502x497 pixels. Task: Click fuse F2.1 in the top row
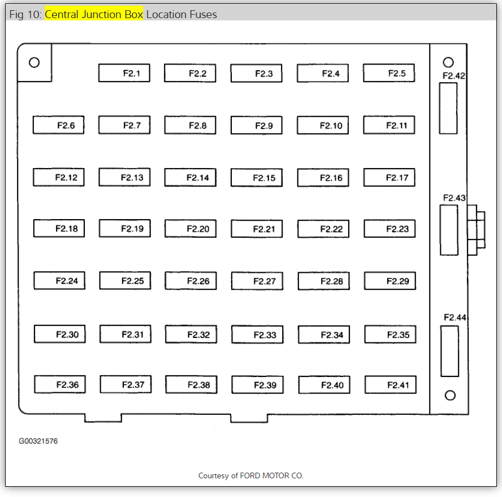[124, 73]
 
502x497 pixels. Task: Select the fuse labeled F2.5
[388, 73]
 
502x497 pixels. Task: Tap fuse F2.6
[58, 125]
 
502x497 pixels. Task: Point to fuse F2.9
[256, 126]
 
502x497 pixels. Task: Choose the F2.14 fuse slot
[190, 178]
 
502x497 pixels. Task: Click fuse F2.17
[389, 178]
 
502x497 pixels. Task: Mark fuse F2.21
[257, 229]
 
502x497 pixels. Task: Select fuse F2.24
[59, 281]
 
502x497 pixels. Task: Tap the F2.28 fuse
[323, 281]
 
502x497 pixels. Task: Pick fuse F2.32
[191, 335]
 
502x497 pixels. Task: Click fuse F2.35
[390, 335]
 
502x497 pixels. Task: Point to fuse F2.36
[60, 385]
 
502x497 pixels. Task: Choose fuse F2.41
[390, 385]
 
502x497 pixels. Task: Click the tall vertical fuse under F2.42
[448, 108]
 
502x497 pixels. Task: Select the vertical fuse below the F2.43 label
[449, 230]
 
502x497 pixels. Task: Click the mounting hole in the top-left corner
[34, 62]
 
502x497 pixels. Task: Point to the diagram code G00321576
[38, 442]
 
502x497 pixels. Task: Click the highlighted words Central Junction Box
[94, 14]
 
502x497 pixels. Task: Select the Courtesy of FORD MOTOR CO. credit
[251, 475]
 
